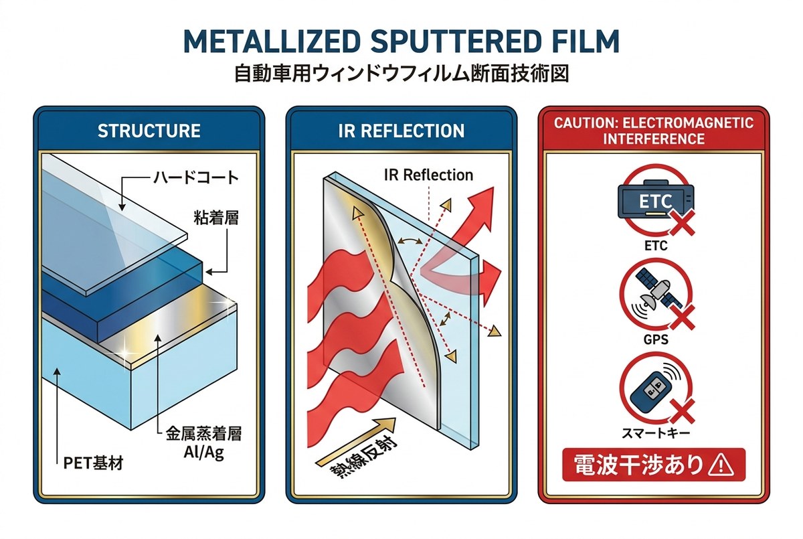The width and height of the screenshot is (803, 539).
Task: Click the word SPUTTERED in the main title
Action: (x=455, y=42)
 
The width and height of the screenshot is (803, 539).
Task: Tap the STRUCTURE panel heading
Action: (x=149, y=131)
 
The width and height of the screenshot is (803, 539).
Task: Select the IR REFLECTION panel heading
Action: (x=401, y=131)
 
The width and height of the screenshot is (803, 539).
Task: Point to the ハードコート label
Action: (x=196, y=178)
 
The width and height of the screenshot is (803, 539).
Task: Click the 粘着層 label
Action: (x=216, y=218)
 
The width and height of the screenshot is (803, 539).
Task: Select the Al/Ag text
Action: (x=203, y=453)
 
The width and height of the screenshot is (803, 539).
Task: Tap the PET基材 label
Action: (x=93, y=463)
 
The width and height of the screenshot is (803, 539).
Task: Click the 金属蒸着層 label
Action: (x=203, y=434)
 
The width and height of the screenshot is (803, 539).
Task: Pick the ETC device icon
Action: (x=656, y=200)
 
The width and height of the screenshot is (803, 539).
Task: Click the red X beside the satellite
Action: (x=681, y=317)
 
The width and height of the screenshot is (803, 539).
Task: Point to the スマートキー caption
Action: (x=656, y=433)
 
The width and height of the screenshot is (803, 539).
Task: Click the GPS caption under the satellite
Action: (x=656, y=339)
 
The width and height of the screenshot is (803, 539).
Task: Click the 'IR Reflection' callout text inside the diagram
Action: (x=428, y=175)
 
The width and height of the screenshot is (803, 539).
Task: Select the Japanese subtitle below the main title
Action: (x=401, y=74)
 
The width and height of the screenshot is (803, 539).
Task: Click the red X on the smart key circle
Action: (x=681, y=410)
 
